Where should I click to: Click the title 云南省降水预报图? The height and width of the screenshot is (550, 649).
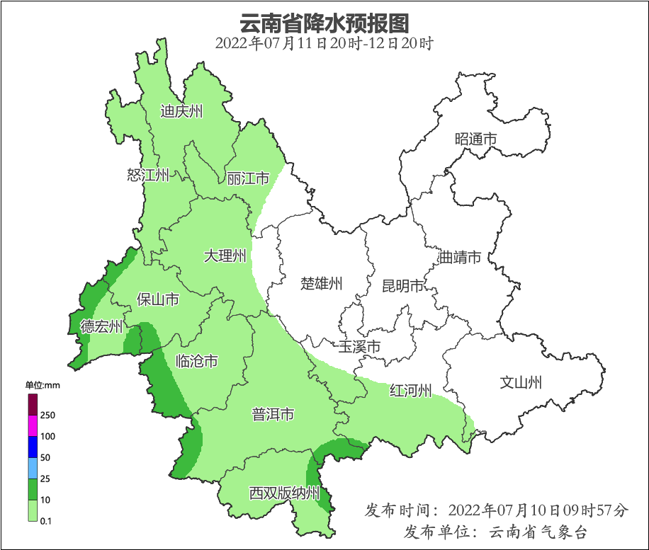(x=324, y=23)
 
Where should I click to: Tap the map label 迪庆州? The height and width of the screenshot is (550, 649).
(x=181, y=111)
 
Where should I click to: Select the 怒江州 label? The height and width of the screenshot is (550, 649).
(x=148, y=176)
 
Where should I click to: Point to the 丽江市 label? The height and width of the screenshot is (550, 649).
(x=248, y=178)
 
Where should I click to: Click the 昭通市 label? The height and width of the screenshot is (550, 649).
(x=475, y=139)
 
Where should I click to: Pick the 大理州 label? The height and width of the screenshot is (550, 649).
(x=225, y=256)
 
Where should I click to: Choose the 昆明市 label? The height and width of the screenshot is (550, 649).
(x=402, y=286)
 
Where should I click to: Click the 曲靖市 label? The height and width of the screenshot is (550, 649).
(x=460, y=257)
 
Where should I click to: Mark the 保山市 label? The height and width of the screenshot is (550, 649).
(x=157, y=300)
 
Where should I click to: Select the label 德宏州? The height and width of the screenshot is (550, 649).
(x=101, y=326)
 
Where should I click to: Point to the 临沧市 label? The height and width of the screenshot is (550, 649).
(x=196, y=362)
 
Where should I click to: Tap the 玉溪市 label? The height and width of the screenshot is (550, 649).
(x=359, y=347)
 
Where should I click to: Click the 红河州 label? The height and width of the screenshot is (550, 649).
(x=410, y=391)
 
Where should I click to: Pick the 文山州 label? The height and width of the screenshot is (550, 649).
(x=521, y=383)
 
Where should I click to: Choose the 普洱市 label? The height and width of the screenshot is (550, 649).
(x=273, y=415)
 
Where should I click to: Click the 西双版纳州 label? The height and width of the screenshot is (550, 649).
(x=284, y=493)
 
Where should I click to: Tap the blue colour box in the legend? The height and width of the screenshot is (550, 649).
(x=32, y=447)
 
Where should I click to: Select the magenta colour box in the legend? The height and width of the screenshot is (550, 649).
(x=32, y=425)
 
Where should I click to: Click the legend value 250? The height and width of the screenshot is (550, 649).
(x=48, y=415)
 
